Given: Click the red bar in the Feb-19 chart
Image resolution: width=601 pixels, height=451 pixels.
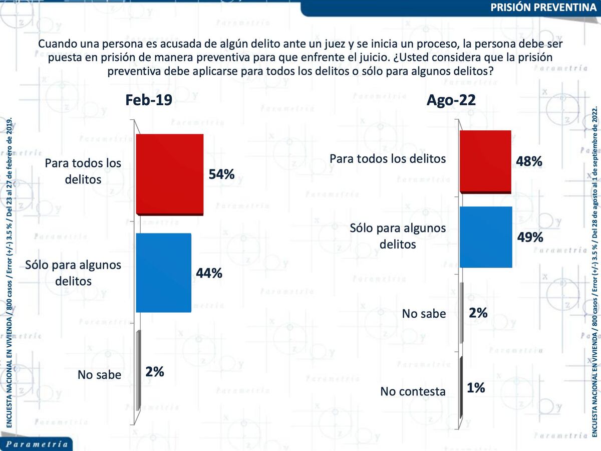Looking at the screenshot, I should click(x=169, y=174).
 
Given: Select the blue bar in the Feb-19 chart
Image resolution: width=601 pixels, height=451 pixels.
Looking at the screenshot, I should click(x=163, y=272).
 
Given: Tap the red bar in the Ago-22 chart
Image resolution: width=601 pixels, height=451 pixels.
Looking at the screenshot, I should click(x=485, y=161).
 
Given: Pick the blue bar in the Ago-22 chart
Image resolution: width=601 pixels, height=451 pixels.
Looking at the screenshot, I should click(x=485, y=237).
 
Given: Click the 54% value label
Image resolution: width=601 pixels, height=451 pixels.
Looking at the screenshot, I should click(x=221, y=174).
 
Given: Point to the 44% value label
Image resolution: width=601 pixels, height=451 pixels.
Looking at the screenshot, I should click(x=209, y=273).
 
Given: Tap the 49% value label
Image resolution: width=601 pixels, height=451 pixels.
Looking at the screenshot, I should click(x=530, y=237).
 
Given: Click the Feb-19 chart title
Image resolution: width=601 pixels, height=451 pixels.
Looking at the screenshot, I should click(x=149, y=100).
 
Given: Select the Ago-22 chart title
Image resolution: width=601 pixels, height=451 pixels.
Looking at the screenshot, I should click(x=451, y=100).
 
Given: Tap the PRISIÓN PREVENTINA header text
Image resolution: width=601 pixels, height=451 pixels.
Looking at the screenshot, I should click(x=542, y=8).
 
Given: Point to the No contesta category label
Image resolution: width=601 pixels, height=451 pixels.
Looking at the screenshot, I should click(x=413, y=391).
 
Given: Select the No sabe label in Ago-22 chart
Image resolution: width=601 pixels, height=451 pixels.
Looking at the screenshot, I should click(x=424, y=314).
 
